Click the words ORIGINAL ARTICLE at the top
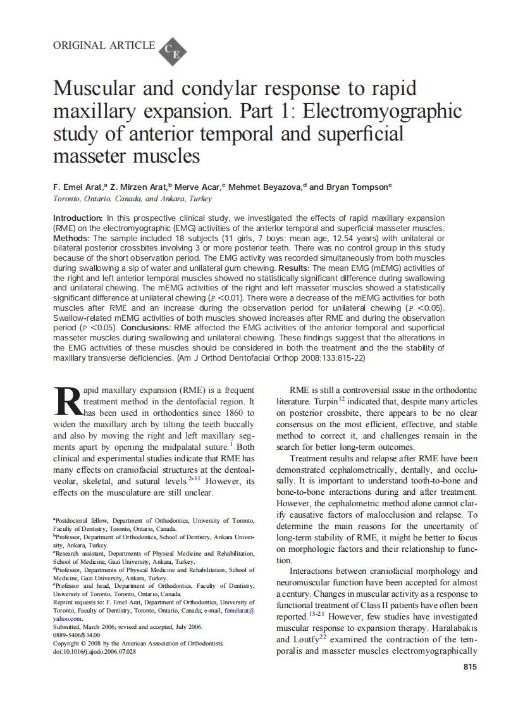tap(104, 45)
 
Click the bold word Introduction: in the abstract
tap(78, 218)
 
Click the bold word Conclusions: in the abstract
tap(147, 328)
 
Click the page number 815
tap(469, 666)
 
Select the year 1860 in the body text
tap(233, 413)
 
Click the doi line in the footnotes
tap(95, 651)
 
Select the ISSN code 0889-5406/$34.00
tap(77, 635)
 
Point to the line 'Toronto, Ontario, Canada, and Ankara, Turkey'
tap(132, 198)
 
